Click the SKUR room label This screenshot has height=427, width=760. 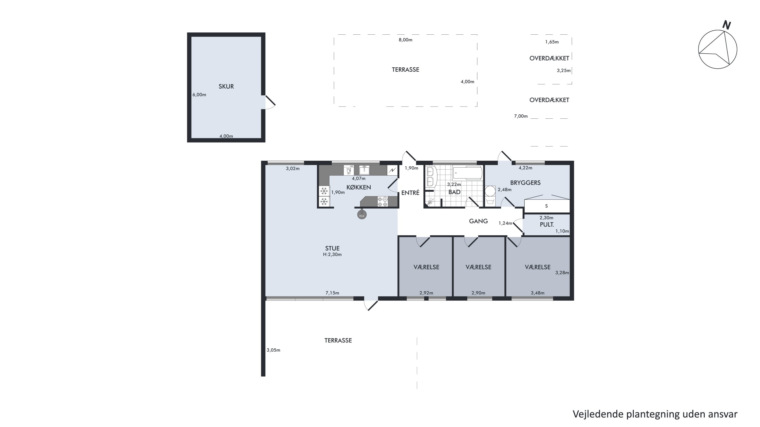(x=226, y=86)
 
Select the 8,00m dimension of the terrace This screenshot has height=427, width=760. (x=405, y=40)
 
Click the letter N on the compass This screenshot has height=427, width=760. (x=726, y=25)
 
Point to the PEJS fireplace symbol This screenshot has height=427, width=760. (x=362, y=215)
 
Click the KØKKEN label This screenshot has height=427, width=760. (x=358, y=187)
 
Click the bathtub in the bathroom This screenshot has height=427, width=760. (x=467, y=173)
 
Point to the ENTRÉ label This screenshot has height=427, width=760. (x=410, y=193)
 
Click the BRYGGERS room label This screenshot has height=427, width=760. (x=525, y=183)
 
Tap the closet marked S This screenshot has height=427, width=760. (x=547, y=206)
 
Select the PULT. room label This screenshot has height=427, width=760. (x=547, y=225)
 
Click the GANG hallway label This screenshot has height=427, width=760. (x=478, y=221)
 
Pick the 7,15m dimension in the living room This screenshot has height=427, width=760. (x=332, y=293)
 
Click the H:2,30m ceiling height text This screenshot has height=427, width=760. (x=332, y=255)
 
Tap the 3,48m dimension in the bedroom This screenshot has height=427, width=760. (x=538, y=293)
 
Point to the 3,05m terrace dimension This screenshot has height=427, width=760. (x=273, y=350)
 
